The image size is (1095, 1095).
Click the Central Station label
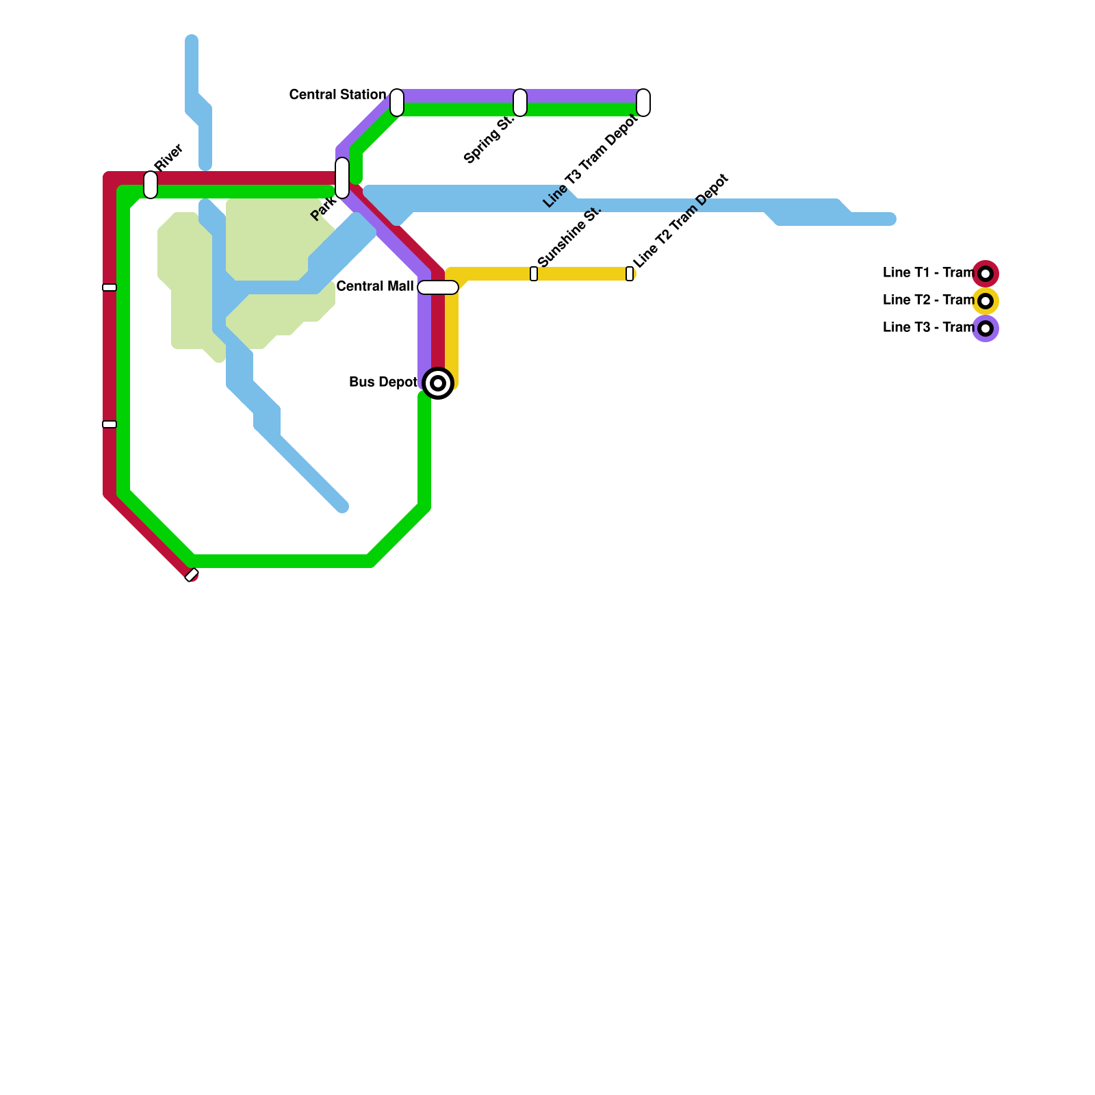point(337,94)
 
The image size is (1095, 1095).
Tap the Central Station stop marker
point(397,103)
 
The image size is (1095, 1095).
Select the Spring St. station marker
point(520,103)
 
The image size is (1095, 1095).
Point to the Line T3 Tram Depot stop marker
point(643,103)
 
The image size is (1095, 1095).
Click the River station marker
point(151,185)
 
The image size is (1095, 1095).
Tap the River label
point(168,157)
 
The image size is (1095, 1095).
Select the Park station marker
point(342,178)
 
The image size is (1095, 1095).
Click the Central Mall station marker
point(438,287)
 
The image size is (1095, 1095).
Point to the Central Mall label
point(375,286)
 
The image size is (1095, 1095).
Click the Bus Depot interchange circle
point(438,383)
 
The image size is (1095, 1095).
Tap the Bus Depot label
point(383,382)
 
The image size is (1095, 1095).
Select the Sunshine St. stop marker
point(534,274)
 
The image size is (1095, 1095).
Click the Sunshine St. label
point(569,236)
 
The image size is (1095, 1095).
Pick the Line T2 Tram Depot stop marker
point(630,274)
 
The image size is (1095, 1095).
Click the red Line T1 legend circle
point(985,274)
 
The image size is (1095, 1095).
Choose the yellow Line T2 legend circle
point(985,301)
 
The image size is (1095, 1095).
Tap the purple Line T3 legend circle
point(985,328)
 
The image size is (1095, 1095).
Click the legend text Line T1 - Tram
point(928,272)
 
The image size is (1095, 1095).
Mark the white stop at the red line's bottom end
point(192,575)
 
